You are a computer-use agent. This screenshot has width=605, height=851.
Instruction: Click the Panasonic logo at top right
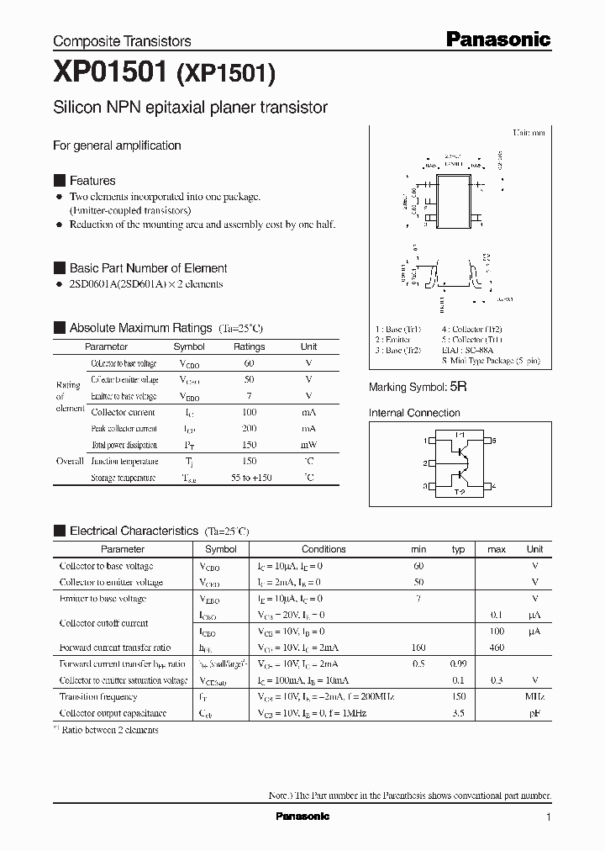pos(497,39)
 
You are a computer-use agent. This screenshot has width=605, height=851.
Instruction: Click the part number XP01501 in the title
pos(110,74)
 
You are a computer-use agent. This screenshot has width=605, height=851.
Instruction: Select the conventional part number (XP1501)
pos(225,76)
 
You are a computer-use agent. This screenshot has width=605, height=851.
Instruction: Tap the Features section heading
pos(92,181)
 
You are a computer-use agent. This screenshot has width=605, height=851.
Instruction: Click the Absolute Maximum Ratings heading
pos(140,328)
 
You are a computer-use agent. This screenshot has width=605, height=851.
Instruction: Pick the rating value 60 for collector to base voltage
pos(249,363)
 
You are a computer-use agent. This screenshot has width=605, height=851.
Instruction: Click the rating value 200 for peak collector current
pos(249,429)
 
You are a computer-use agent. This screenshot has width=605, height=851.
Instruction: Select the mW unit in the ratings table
pos(308,445)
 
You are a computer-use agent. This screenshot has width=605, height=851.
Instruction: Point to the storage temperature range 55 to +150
pos(249,478)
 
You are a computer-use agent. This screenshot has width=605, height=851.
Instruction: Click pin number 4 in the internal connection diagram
pos(494,486)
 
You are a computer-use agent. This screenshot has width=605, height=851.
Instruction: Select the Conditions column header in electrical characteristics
pos(324,549)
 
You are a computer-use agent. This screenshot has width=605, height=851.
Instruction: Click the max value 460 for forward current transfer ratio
pos(496,647)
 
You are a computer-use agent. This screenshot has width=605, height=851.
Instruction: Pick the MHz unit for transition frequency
pos(534,697)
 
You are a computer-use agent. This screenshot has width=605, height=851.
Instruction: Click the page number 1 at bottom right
pos(548,817)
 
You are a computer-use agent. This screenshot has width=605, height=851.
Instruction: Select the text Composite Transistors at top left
pos(122,41)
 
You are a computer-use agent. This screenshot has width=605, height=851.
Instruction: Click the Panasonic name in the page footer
pos(302,817)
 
